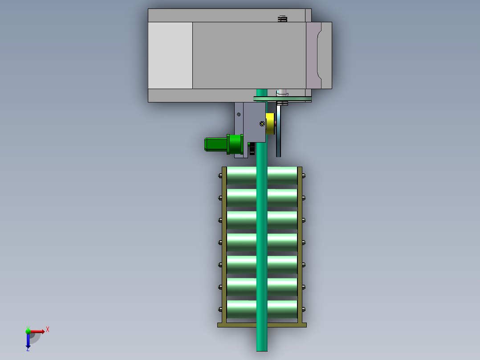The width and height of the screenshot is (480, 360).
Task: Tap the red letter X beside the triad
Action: pos(47,329)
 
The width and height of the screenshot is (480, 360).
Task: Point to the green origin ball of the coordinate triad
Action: pos(28,331)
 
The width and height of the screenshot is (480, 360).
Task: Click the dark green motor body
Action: pos(215,144)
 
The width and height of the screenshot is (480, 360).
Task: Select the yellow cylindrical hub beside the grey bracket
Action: pos(270,123)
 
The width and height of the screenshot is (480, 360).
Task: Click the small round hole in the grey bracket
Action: pos(239,115)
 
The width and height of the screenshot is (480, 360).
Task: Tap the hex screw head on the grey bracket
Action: pos(261,124)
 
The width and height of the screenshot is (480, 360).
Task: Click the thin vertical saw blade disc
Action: pos(279,129)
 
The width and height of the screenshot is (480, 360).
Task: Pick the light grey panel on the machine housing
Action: pos(170,55)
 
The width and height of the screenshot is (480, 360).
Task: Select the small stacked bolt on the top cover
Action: pos(282,19)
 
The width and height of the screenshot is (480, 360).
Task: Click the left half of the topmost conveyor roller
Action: pos(241,176)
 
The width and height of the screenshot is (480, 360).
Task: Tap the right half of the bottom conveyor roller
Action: pos(282,309)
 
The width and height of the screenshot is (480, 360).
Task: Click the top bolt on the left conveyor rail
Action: pos(220,176)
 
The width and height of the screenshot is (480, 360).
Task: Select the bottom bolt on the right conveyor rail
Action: pos(304,309)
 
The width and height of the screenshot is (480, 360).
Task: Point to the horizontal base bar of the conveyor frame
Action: pos(262,325)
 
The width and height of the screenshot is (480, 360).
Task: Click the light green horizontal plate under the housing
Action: pos(282,98)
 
